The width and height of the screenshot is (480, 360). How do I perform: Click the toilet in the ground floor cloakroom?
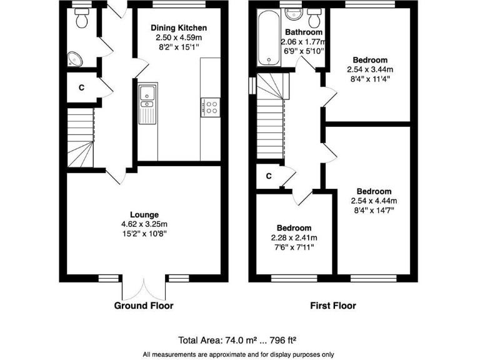point(79,20)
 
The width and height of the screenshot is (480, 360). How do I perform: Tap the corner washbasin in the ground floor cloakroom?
point(76,58)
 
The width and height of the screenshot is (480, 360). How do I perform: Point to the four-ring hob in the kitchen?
point(210,107)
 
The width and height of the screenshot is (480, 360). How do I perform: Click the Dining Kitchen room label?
point(179,28)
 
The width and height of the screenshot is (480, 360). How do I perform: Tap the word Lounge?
point(144,214)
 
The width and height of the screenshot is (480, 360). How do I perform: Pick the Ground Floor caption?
point(144,306)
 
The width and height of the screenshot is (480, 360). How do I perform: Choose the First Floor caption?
point(333,306)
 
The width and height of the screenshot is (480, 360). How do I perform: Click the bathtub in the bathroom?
point(268,37)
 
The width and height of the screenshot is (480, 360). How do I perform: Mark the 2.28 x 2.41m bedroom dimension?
point(294,238)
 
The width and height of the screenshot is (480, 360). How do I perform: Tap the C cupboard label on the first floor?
point(269,176)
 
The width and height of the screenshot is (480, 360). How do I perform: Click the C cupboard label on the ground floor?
point(81,88)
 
